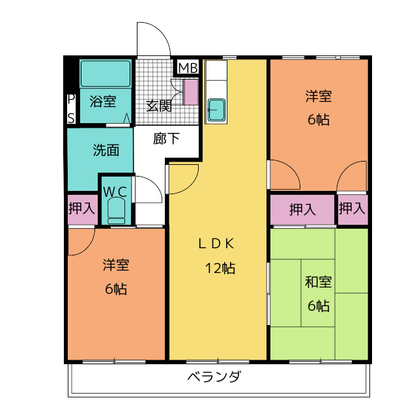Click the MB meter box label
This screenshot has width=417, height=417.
point(188,68)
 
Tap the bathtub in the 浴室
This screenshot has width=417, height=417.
point(106,74)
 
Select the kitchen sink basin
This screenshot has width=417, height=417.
point(216,110)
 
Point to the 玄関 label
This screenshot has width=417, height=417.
point(159,106)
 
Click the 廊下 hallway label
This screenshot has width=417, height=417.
point(166,139)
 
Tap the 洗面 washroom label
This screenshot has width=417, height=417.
point(106,151)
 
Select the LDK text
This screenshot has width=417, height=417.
point(216,244)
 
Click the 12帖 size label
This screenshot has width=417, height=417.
point(220,268)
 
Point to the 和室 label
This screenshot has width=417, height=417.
point(319,282)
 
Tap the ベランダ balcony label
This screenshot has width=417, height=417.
point(214,377)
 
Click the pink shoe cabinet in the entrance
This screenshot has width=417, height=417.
point(191,93)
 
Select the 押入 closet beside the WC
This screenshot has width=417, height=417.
point(83,209)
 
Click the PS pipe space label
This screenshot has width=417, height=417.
point(71,109)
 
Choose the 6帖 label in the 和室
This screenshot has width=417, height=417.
point(319,306)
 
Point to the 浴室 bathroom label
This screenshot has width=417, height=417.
point(103,101)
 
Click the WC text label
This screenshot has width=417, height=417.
point(115,192)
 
